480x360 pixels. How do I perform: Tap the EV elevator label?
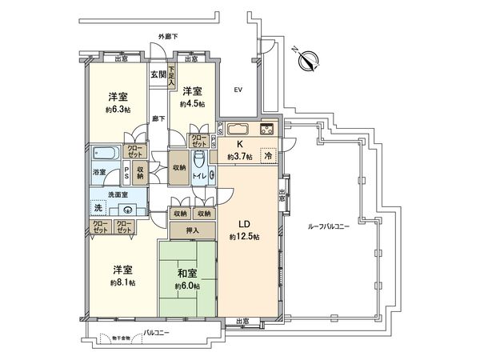pos(238,90)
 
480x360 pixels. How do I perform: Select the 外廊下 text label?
pos(168,38)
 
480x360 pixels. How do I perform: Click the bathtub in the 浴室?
pos(106,154)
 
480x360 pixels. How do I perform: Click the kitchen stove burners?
pos(266,130)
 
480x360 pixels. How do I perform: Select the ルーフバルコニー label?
pos(330,226)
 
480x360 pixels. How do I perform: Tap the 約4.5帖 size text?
pos(192,105)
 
